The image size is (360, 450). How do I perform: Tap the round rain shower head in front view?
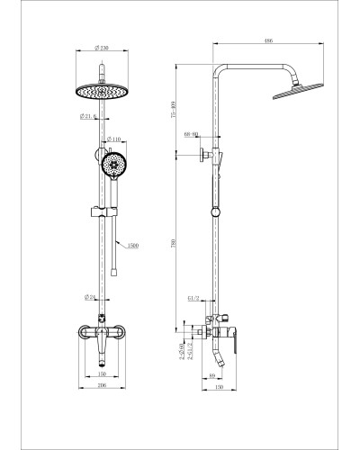point(106,92)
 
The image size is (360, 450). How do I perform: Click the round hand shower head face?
point(114,165)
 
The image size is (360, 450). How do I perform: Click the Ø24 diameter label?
point(91,296)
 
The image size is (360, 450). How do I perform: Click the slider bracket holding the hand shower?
point(107,213)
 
